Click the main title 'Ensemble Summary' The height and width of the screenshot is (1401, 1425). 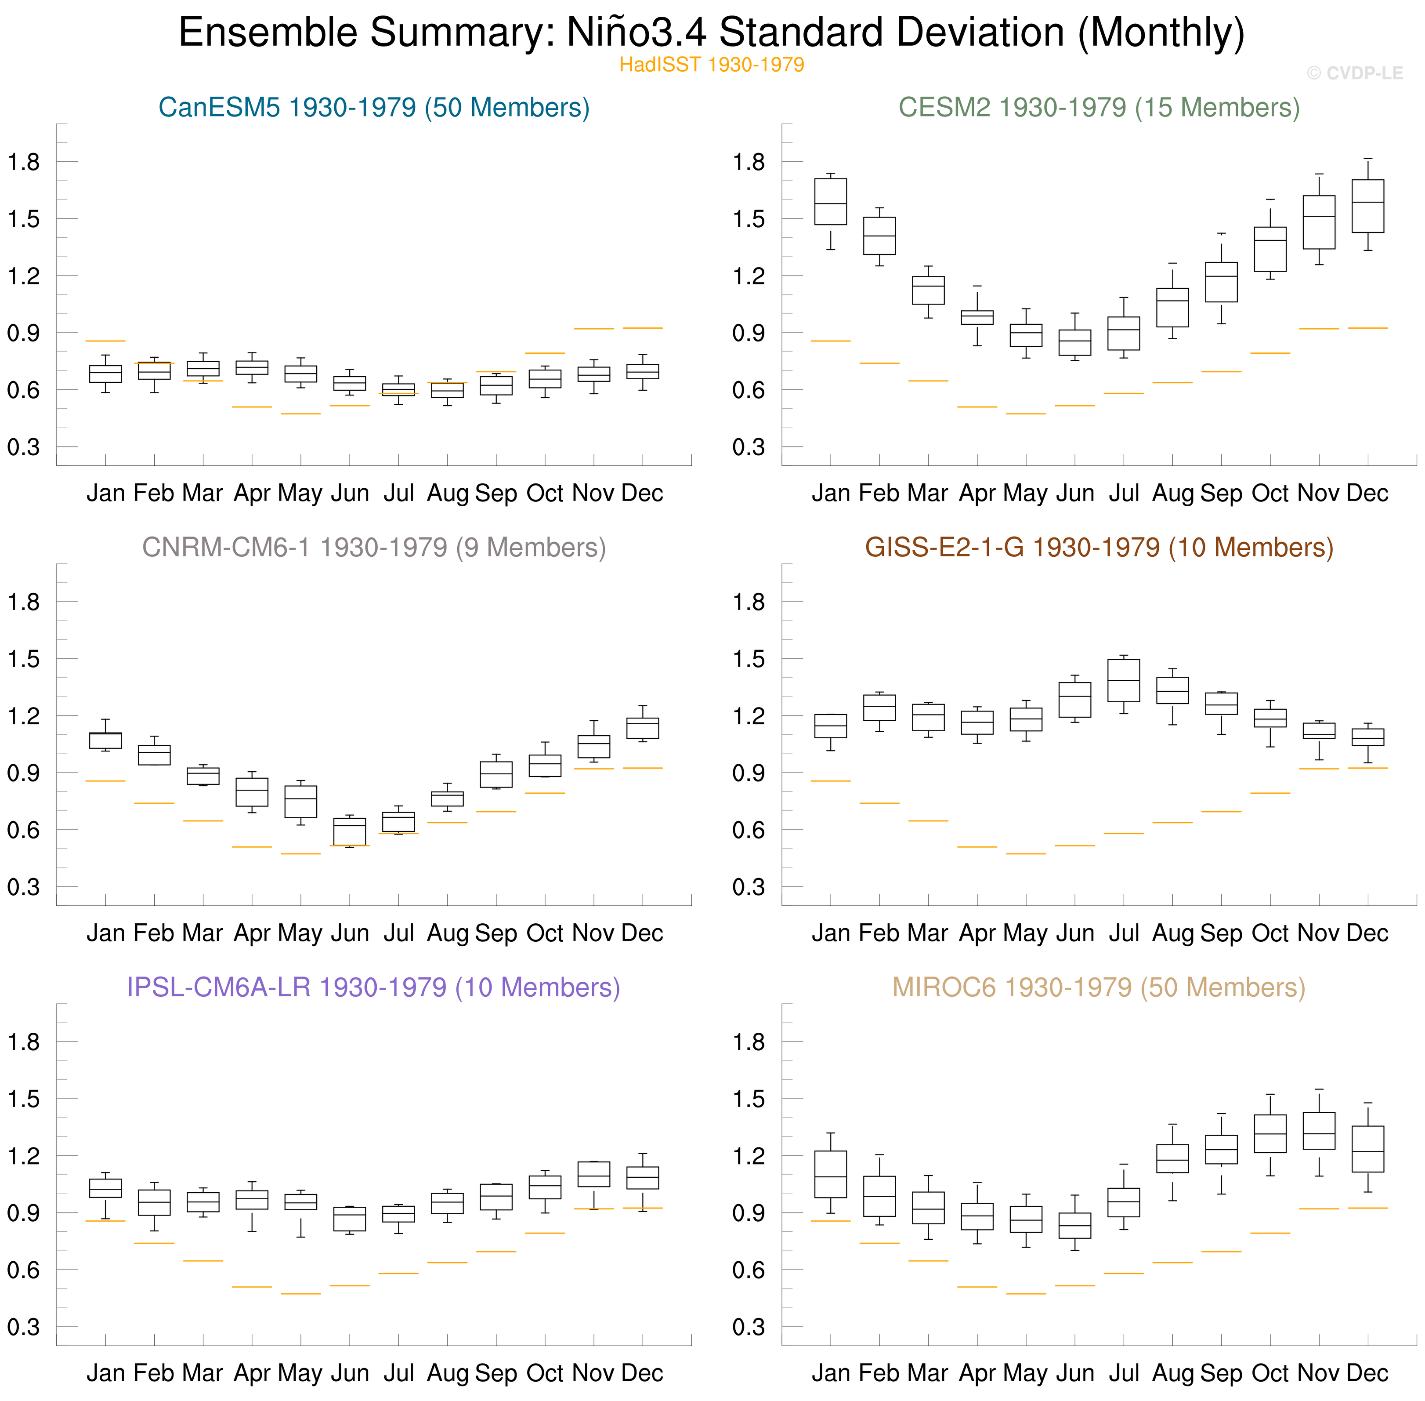[711, 33]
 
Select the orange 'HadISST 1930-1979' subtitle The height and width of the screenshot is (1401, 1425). [711, 65]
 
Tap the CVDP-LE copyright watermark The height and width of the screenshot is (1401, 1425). [1354, 73]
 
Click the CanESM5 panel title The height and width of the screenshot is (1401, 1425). [374, 107]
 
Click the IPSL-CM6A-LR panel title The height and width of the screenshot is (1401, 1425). [374, 987]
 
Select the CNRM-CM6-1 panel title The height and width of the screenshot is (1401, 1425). [374, 548]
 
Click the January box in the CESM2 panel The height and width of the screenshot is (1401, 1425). [831, 202]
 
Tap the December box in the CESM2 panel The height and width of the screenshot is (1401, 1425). [1367, 206]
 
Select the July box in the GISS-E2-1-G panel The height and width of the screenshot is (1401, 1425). [1123, 681]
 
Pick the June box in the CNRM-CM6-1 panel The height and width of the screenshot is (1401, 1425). [350, 831]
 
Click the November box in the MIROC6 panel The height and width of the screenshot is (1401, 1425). [1319, 1131]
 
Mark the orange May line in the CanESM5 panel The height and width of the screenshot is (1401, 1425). [301, 414]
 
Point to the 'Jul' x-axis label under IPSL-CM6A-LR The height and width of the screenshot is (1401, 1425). [399, 1373]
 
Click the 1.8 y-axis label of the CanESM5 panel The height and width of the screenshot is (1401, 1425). [24, 162]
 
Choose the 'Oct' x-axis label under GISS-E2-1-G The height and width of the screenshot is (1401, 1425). [1270, 933]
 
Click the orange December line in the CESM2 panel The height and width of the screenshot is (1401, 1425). [1367, 328]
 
